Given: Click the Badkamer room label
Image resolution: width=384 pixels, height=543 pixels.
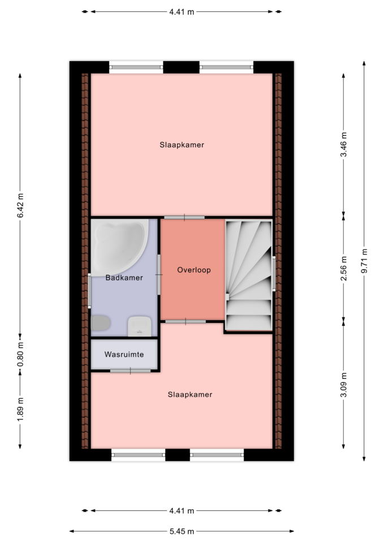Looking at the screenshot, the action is click(x=124, y=278).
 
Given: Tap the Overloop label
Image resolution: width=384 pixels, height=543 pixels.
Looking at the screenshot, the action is click(x=194, y=270).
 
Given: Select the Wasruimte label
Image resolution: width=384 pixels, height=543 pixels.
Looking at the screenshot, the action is click(x=124, y=355).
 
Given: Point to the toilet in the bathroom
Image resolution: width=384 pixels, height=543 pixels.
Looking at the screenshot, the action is click(x=101, y=323).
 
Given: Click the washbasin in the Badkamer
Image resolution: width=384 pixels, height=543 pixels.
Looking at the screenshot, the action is click(x=140, y=326).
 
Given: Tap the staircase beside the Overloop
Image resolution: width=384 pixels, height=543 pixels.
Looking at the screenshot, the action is click(x=249, y=275).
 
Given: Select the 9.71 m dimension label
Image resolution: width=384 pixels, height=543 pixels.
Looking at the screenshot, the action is click(x=364, y=261).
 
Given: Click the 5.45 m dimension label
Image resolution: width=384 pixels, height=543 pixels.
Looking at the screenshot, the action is click(x=182, y=531).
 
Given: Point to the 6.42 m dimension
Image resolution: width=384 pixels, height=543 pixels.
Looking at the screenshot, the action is click(x=20, y=205).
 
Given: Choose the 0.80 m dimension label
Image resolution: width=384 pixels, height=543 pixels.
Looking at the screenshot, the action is click(x=20, y=354).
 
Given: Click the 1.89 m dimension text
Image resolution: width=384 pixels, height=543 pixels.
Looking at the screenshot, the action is click(x=20, y=410).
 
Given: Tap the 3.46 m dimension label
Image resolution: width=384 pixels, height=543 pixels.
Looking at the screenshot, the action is click(x=343, y=144).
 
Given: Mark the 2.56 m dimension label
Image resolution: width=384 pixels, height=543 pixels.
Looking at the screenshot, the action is click(x=343, y=268).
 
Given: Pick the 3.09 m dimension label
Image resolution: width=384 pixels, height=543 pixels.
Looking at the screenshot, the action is click(x=343, y=385).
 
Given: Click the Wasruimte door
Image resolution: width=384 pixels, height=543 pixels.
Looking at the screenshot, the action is click(x=131, y=371).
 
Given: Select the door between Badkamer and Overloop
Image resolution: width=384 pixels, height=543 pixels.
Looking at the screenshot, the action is click(x=159, y=275).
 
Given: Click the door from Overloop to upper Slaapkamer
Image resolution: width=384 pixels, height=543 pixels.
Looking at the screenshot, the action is click(x=184, y=217).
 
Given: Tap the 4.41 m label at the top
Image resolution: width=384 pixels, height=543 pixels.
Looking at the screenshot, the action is click(x=182, y=12).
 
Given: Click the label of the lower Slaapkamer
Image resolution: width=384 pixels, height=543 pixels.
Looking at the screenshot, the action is click(x=190, y=394).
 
